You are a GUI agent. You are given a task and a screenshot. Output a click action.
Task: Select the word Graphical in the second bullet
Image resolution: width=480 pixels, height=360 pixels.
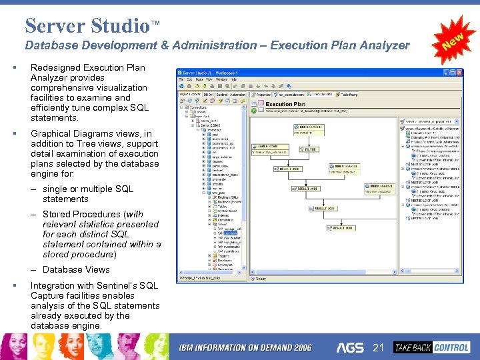(51, 133)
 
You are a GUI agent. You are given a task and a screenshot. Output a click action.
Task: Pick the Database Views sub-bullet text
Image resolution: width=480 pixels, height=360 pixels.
(76, 269)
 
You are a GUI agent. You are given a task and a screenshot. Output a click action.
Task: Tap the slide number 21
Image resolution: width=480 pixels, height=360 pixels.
(379, 347)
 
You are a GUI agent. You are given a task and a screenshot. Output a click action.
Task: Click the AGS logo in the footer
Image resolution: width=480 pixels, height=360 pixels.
(351, 347)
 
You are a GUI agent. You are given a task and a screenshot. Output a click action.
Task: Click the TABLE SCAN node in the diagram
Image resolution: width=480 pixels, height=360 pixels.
(268, 146)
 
